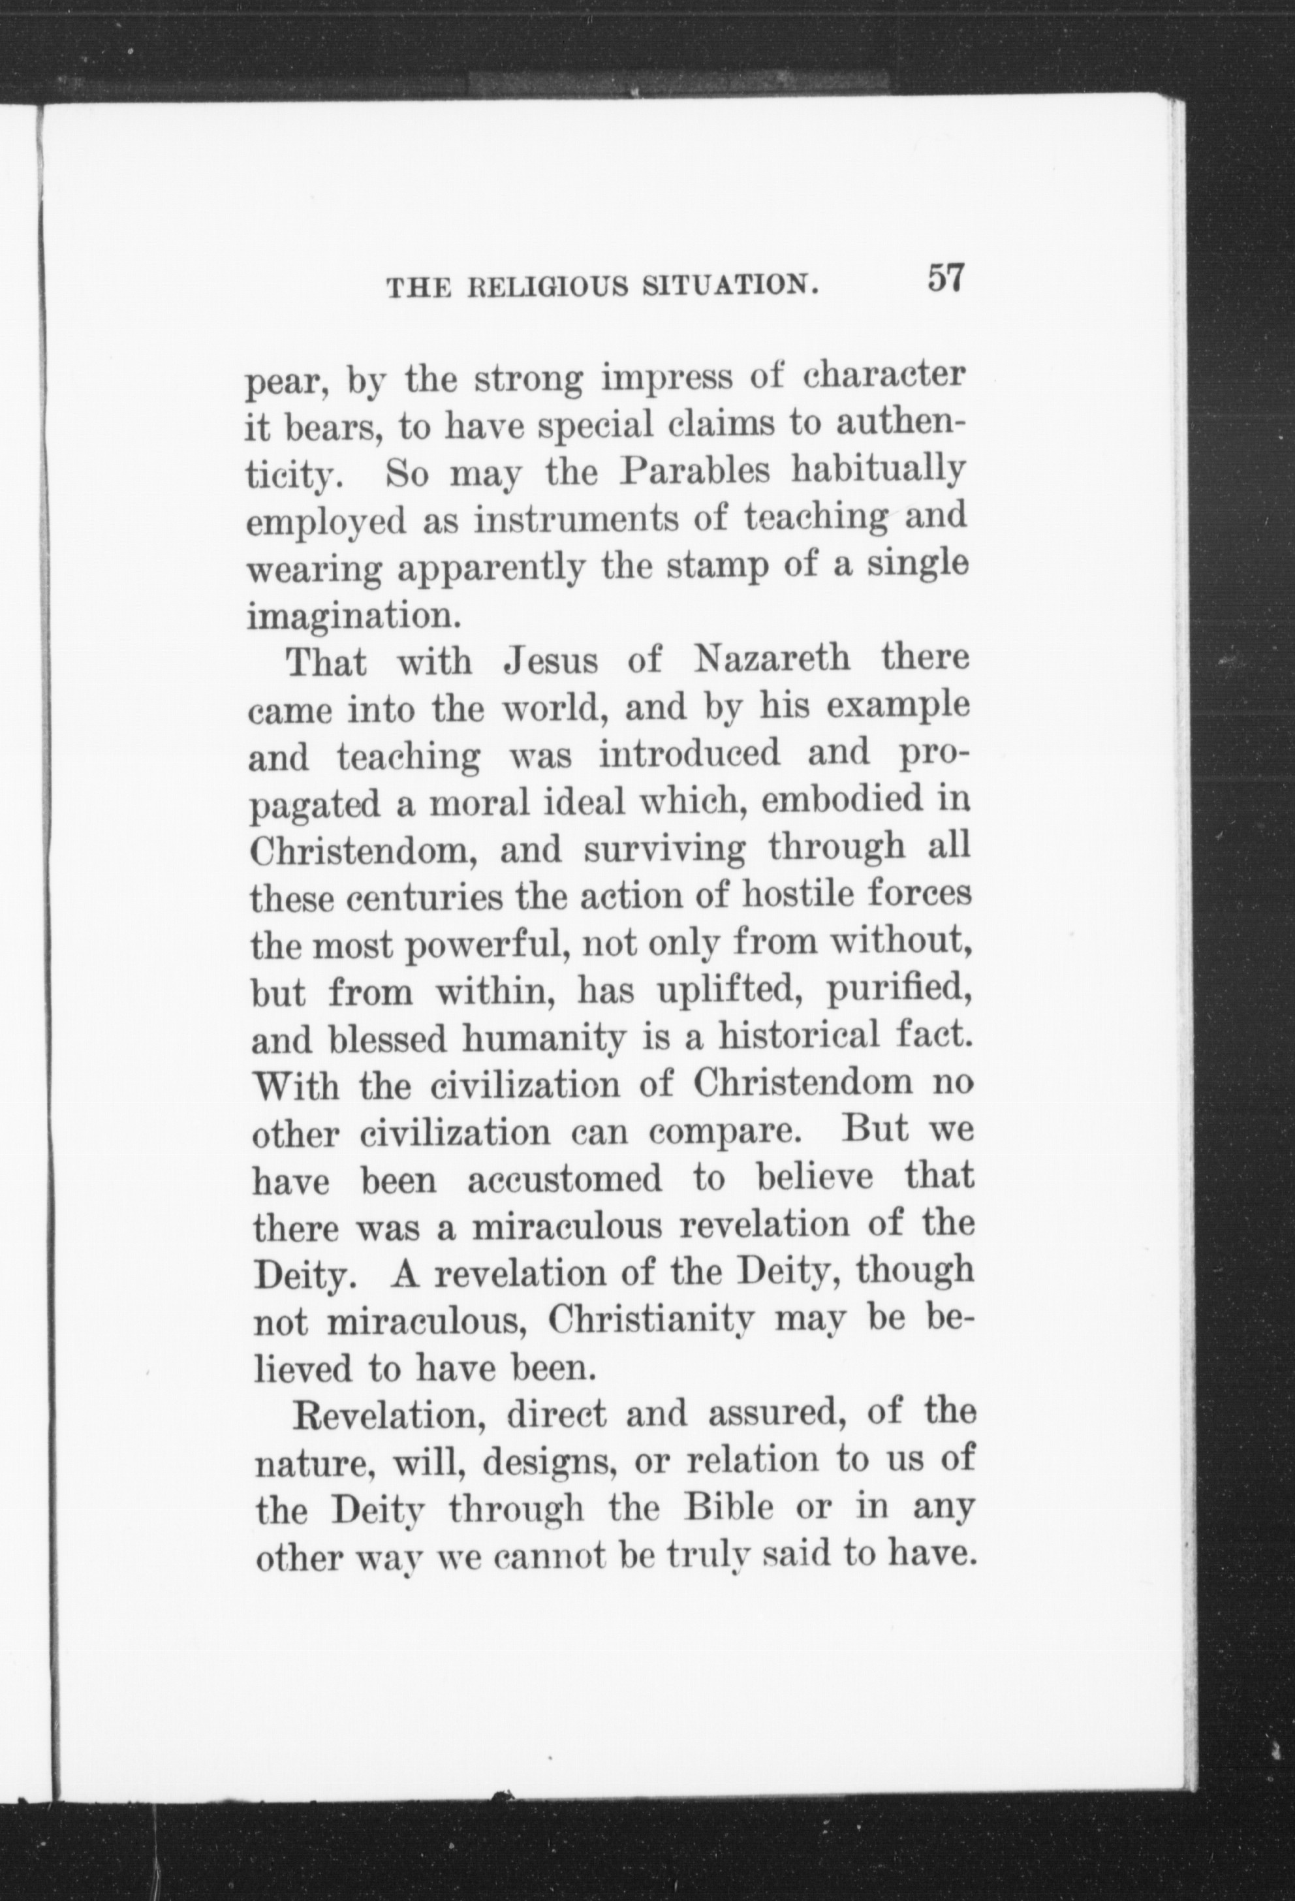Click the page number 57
coord(947,278)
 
